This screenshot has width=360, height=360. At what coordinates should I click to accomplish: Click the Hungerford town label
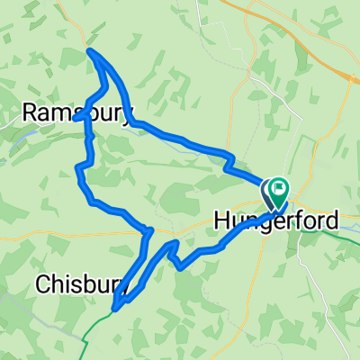tap(276, 220)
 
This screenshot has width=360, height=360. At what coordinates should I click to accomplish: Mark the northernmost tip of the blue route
tap(91, 51)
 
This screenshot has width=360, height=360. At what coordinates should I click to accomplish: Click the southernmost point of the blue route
tap(115, 310)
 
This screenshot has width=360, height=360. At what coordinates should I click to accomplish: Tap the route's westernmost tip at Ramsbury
tap(77, 117)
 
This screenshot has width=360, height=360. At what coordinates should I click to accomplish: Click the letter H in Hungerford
tap(222, 220)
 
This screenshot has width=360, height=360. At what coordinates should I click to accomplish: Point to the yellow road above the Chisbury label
tap(54, 239)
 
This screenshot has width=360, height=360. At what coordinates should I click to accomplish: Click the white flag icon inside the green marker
tap(280, 188)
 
